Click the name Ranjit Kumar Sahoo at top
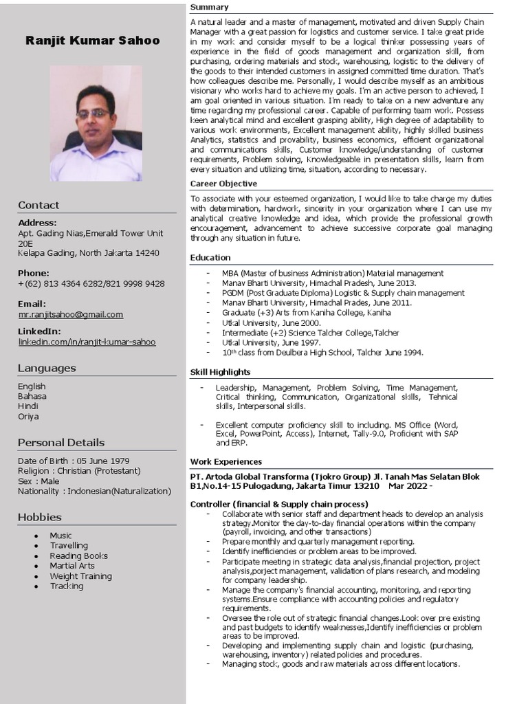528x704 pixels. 93,41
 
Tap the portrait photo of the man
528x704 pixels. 96,124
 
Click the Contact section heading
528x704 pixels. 38,205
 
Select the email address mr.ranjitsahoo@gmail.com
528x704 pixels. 71,314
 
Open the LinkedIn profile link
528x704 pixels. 87,342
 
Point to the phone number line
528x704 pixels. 91,283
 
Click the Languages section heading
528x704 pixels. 47,368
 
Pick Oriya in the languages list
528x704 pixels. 28,416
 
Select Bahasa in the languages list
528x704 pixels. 32,396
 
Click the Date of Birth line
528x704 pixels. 74,461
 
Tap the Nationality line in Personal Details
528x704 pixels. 94,491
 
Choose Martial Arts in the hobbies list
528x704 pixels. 72,566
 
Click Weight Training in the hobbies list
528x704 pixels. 80,576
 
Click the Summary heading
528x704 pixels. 209,7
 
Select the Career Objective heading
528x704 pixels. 223,184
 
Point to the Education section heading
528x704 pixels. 210,258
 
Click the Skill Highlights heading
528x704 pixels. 220,372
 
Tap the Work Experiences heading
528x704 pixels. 225,461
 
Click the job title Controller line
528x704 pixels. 279,504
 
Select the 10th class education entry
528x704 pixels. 322,353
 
